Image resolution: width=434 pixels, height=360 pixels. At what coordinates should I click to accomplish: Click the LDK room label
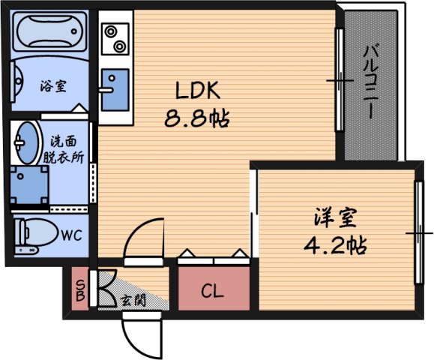[197, 91]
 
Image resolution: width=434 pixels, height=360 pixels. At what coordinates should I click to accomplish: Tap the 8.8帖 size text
[196, 118]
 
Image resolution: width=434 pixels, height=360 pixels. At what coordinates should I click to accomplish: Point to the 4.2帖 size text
[335, 244]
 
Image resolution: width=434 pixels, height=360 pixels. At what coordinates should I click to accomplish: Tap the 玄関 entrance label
[133, 301]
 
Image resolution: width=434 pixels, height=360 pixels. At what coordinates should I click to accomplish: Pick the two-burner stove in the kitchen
[115, 38]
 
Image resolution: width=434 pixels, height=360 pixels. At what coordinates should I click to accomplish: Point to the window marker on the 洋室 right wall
[418, 234]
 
